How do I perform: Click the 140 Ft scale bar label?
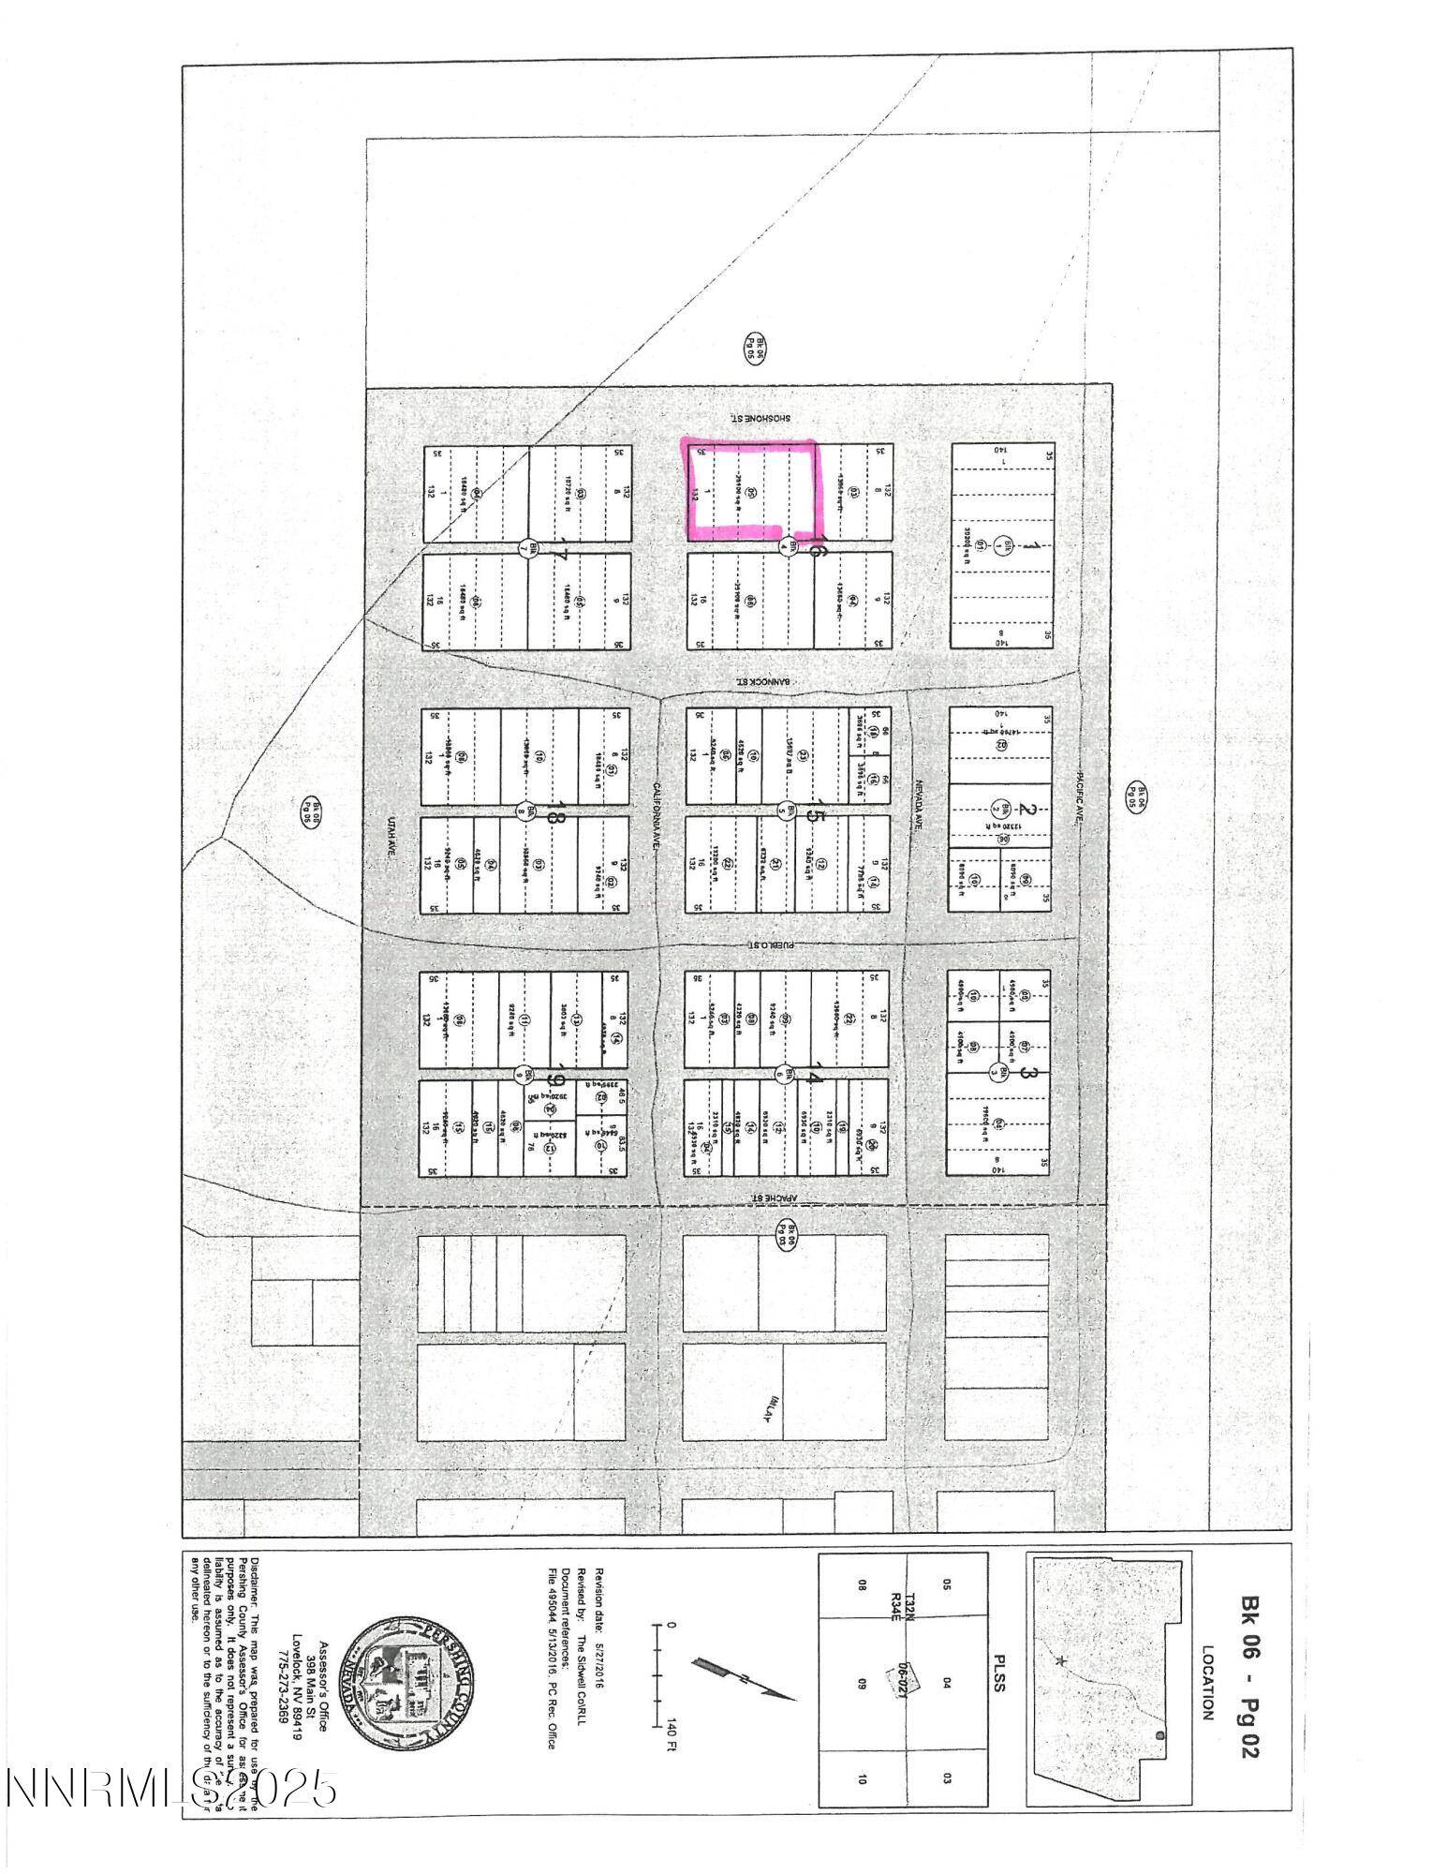(671, 1733)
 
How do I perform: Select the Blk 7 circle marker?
(525, 550)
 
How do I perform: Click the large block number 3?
(1026, 1073)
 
